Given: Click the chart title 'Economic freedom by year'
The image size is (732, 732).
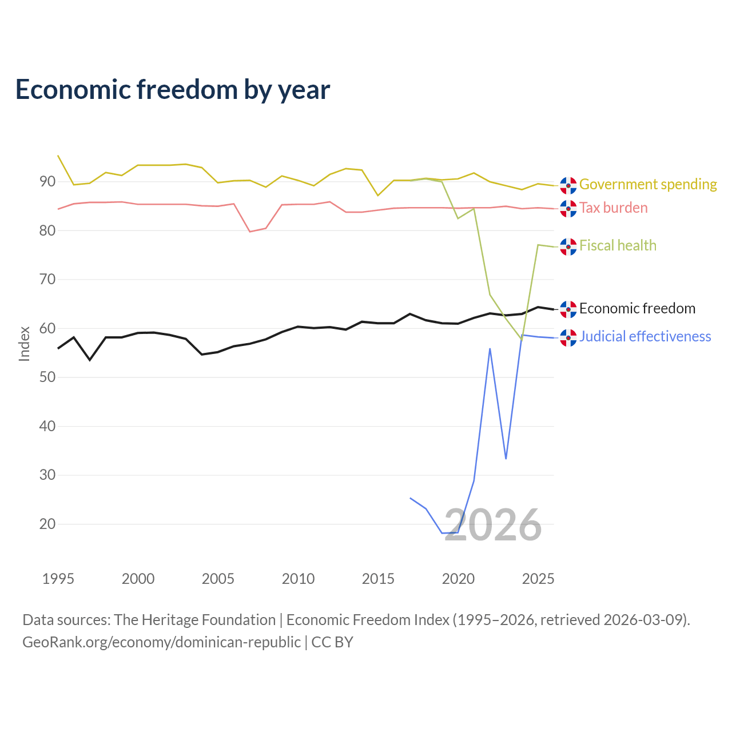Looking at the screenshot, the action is tap(173, 90).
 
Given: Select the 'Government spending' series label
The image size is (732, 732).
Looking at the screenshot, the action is tap(648, 184).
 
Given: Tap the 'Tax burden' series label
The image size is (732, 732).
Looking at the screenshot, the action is tap(614, 208).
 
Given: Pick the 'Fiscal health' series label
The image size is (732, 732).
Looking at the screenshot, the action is tap(618, 245).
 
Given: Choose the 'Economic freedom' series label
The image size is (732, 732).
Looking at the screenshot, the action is tap(638, 308).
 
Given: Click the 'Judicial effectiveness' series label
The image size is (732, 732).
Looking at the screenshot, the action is tap(645, 337).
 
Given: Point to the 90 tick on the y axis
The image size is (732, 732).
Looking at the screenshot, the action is tap(47, 182).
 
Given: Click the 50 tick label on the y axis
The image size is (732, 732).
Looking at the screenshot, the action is tap(47, 377).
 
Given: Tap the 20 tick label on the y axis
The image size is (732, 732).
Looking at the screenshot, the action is tap(47, 524).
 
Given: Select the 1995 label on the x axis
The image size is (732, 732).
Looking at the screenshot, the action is tap(58, 579).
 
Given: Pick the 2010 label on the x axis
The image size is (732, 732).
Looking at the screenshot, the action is tap(298, 579).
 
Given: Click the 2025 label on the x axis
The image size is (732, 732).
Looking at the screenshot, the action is tap(538, 579).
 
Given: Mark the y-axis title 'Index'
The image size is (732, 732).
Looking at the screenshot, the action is tap(25, 344).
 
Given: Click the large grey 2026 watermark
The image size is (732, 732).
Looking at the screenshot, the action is tap(493, 526).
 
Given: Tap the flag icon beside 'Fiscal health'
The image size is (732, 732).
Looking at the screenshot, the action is tap(568, 247).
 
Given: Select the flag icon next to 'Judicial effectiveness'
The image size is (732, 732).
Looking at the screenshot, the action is tap(568, 338).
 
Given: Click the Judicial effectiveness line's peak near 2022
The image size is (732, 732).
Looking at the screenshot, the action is tap(490, 349).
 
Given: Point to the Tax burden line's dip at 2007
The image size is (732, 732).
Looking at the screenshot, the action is tap(250, 232).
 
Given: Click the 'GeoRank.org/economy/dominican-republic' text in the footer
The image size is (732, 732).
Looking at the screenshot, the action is tap(161, 642).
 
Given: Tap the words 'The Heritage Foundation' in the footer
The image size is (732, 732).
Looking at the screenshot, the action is tap(195, 620).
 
